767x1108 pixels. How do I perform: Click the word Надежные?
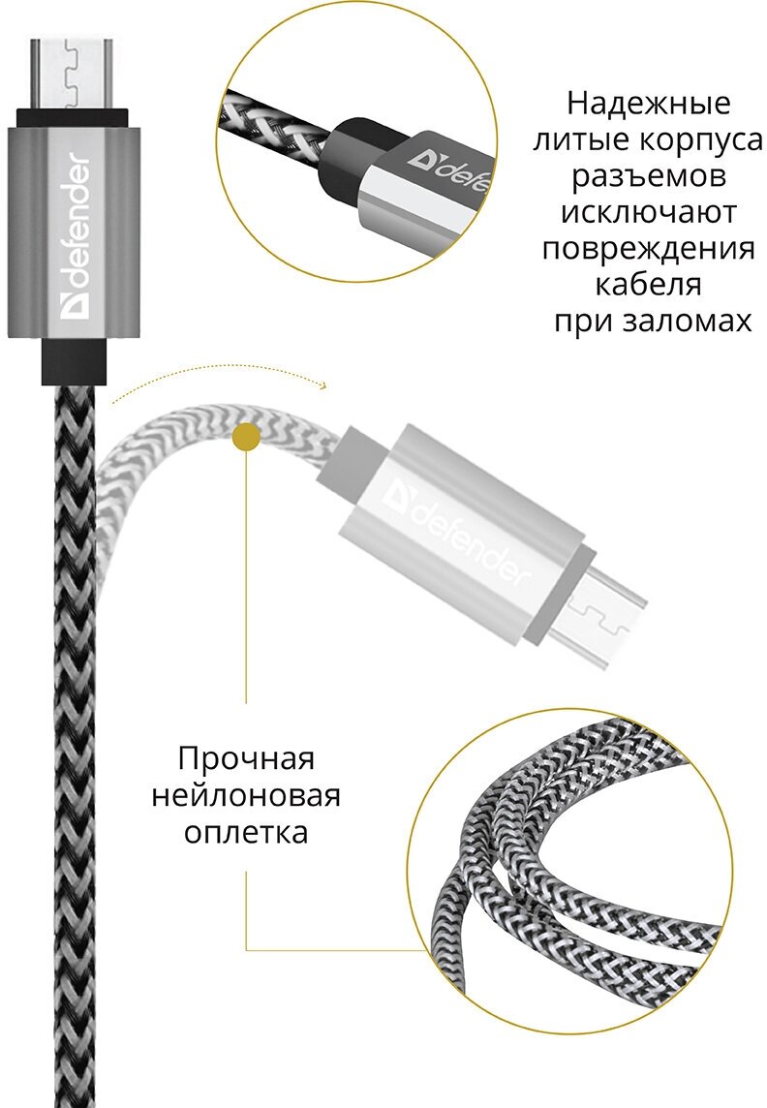(x=648, y=103)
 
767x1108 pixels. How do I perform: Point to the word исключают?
(x=648, y=212)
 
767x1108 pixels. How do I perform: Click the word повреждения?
(x=648, y=249)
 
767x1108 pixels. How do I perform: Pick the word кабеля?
(x=648, y=285)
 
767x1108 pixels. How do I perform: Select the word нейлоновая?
(x=247, y=795)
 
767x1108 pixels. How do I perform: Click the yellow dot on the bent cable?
(x=248, y=438)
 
